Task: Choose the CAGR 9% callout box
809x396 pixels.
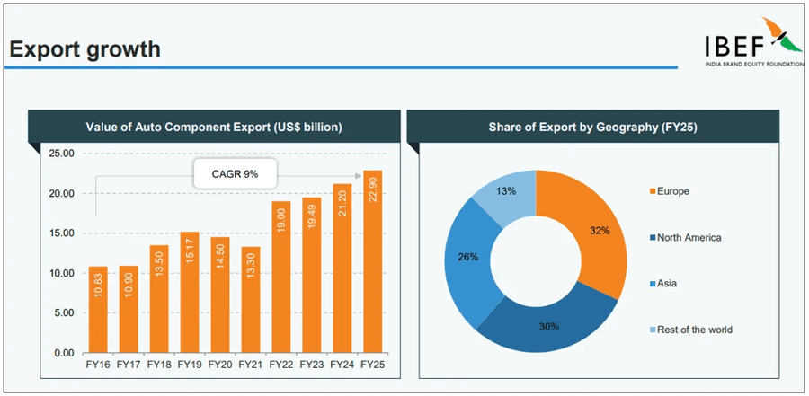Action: click(x=235, y=174)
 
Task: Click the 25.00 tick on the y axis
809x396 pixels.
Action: click(x=61, y=154)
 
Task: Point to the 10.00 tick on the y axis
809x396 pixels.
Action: click(x=61, y=273)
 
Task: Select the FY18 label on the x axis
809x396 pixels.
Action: click(x=159, y=365)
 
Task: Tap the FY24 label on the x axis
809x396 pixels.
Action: click(x=342, y=365)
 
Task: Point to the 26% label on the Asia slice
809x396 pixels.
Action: click(x=467, y=257)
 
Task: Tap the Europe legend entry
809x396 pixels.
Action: click(x=671, y=191)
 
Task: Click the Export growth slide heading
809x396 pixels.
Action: click(x=84, y=49)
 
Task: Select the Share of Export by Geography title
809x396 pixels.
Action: click(x=592, y=128)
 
